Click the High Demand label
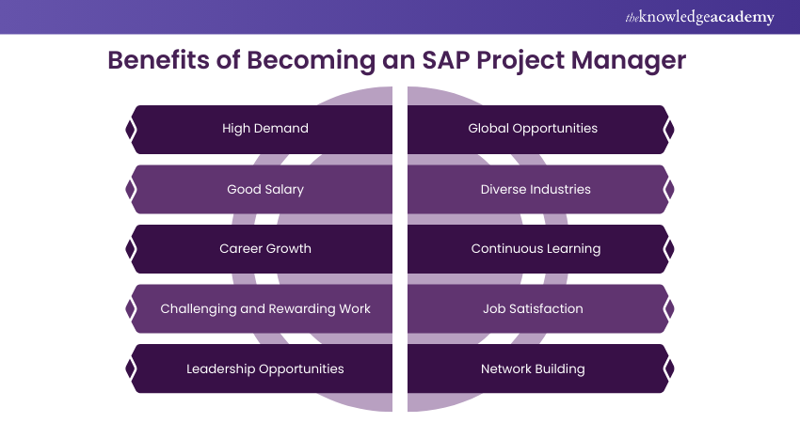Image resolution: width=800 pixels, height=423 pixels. click(265, 129)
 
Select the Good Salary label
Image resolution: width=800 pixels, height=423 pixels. click(265, 190)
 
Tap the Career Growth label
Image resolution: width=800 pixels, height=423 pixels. click(265, 249)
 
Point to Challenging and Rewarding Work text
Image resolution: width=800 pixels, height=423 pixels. click(265, 309)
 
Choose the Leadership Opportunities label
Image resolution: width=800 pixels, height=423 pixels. click(265, 369)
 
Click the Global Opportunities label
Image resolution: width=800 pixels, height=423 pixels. click(533, 129)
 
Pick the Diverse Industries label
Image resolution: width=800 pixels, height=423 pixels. click(536, 189)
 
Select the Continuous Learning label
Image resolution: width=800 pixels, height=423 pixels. click(536, 249)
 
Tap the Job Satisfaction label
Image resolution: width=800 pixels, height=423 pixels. click(533, 308)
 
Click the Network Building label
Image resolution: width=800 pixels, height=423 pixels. click(533, 369)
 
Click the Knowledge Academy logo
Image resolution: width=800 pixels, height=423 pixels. click(699, 17)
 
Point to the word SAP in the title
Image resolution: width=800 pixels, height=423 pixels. click(446, 59)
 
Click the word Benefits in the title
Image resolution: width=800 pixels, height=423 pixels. click(158, 59)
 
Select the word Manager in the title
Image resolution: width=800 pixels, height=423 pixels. click(629, 61)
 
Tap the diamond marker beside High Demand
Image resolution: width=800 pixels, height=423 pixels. click(131, 130)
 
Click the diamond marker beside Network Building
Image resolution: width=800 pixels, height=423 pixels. click(669, 368)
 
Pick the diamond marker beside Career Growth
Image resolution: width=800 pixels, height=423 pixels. click(131, 249)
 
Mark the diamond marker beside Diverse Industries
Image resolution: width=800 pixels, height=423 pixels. click(669, 189)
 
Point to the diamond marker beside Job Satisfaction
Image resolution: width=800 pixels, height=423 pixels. click(669, 309)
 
